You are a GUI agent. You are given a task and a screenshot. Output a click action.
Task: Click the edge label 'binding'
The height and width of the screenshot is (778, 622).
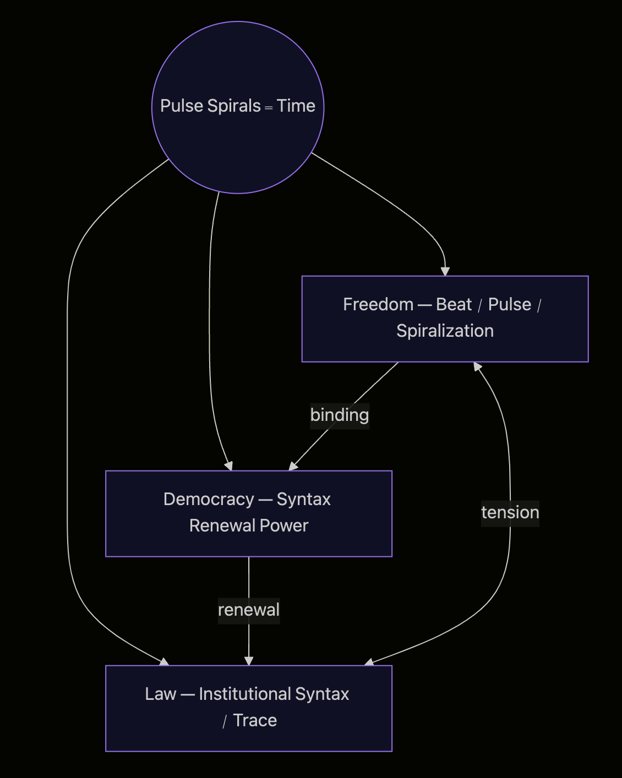click(340, 415)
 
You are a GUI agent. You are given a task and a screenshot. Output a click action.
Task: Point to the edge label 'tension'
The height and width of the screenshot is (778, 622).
click(510, 513)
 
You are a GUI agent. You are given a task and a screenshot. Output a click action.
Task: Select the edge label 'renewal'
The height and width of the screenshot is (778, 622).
click(249, 610)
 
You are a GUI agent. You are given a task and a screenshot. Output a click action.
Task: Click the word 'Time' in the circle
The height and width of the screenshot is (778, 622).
click(296, 106)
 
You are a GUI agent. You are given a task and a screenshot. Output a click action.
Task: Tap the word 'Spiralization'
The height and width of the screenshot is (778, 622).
click(445, 331)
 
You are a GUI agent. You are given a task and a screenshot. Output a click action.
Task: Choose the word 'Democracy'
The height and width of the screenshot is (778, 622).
click(209, 499)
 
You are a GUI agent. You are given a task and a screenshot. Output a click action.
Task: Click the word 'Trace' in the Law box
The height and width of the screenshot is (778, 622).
click(255, 720)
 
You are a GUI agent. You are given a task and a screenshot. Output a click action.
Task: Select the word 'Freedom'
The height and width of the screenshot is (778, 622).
click(378, 304)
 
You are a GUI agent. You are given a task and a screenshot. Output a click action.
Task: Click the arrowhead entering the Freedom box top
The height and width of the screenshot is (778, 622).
click(445, 271)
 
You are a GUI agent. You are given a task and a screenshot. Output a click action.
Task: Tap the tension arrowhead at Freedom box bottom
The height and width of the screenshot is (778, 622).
click(477, 366)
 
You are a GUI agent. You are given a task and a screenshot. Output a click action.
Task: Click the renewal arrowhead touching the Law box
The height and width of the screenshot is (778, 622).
click(249, 661)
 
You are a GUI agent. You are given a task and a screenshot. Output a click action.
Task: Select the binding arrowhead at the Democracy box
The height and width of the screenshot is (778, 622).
click(293, 466)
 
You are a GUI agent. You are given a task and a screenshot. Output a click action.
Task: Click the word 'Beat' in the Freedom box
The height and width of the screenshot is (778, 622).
click(454, 304)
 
